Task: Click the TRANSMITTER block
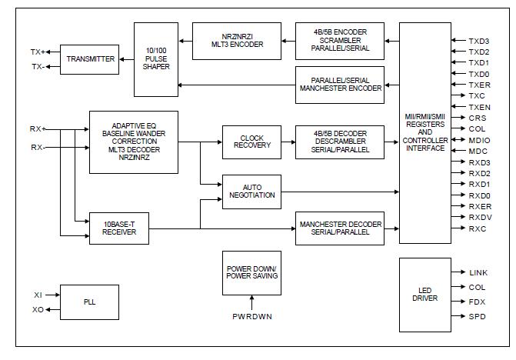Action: [x=91, y=59]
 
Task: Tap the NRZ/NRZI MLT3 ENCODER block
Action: [x=236, y=39]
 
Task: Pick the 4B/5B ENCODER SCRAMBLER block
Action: [x=340, y=39]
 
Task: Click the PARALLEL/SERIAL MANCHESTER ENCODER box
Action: [x=340, y=83]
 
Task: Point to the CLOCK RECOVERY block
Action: [x=251, y=144]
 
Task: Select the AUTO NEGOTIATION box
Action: [x=251, y=191]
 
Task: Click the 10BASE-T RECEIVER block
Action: [x=119, y=228]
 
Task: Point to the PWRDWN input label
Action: [x=251, y=316]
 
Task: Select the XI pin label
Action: [x=38, y=295]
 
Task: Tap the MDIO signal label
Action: [x=479, y=140]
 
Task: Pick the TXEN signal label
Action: [x=479, y=106]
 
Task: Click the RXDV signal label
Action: [x=480, y=218]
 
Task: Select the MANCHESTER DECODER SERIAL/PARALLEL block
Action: [x=340, y=228]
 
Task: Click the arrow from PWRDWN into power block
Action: [x=251, y=302]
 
